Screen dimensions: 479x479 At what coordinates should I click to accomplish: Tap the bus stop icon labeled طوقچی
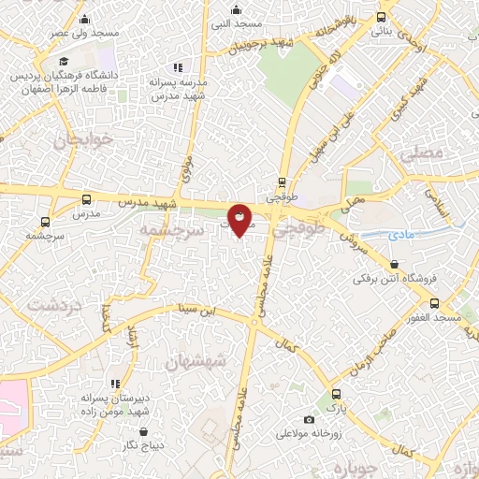[x=283, y=182]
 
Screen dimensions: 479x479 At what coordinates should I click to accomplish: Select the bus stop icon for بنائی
[x=381, y=17]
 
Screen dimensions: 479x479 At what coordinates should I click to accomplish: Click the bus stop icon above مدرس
[x=87, y=199]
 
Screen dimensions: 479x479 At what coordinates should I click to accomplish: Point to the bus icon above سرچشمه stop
[x=45, y=222]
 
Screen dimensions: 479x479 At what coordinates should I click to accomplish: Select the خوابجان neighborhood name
[x=83, y=140]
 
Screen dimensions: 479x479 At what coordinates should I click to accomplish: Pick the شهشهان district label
[x=196, y=360]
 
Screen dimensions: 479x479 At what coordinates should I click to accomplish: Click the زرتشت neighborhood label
[x=54, y=305]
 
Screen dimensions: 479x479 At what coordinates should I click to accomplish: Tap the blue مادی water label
[x=399, y=236]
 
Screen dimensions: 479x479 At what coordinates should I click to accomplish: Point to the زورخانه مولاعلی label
[x=312, y=434]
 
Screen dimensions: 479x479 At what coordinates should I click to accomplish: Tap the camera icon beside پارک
[x=310, y=419]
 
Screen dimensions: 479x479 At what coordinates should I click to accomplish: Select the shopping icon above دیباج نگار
[x=145, y=431]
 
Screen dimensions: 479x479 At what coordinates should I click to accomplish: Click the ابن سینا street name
[x=198, y=310]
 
